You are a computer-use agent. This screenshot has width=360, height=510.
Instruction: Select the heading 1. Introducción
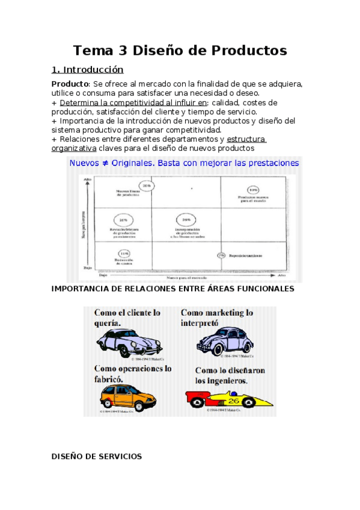pyautogui.click(x=87, y=70)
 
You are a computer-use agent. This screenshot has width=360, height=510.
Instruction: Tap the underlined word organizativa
pyautogui.click(x=74, y=148)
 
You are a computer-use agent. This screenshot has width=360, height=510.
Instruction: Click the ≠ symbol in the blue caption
pyautogui.click(x=137, y=164)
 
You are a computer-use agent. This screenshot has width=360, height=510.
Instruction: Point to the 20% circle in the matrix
pyautogui.click(x=147, y=186)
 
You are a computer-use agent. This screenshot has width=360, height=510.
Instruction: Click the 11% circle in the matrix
pyautogui.click(x=124, y=253)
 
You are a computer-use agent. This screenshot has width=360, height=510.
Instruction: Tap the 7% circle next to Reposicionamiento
pyautogui.click(x=221, y=255)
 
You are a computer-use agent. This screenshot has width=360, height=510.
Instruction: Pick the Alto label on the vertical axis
pyautogui.click(x=88, y=180)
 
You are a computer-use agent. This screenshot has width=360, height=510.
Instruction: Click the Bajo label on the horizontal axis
pyautogui.click(x=103, y=277)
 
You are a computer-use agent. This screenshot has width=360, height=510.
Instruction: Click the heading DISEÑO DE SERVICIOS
pyautogui.click(x=97, y=456)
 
